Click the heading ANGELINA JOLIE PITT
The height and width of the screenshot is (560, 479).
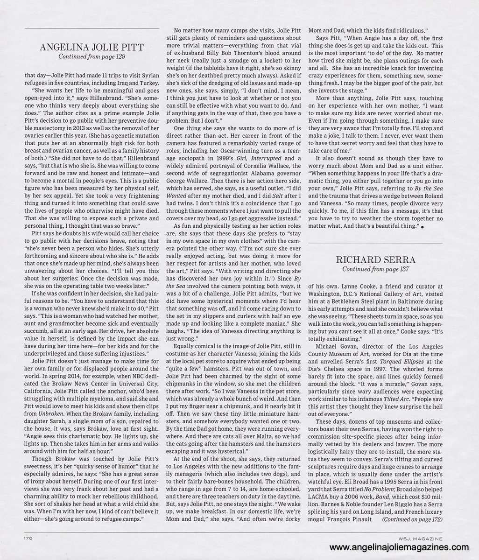92,47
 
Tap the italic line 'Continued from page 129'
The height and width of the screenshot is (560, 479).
92,56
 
